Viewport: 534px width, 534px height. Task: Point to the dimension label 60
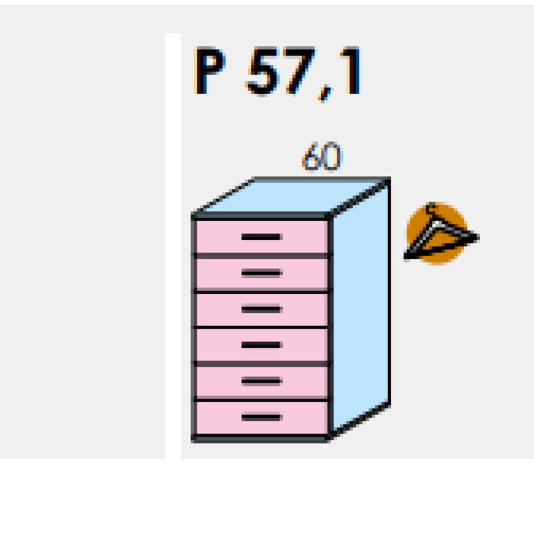pos(321,158)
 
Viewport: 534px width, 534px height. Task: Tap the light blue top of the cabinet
pos(292,196)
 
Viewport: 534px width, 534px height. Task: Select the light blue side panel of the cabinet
pos(360,307)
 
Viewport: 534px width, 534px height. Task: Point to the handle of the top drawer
pos(261,236)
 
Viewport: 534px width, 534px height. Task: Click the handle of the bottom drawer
pos(261,417)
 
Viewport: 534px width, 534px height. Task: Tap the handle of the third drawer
pos(261,309)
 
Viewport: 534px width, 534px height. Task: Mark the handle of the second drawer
pos(261,273)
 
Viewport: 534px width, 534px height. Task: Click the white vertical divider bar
pos(173,246)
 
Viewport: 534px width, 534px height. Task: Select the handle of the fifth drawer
pos(261,381)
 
